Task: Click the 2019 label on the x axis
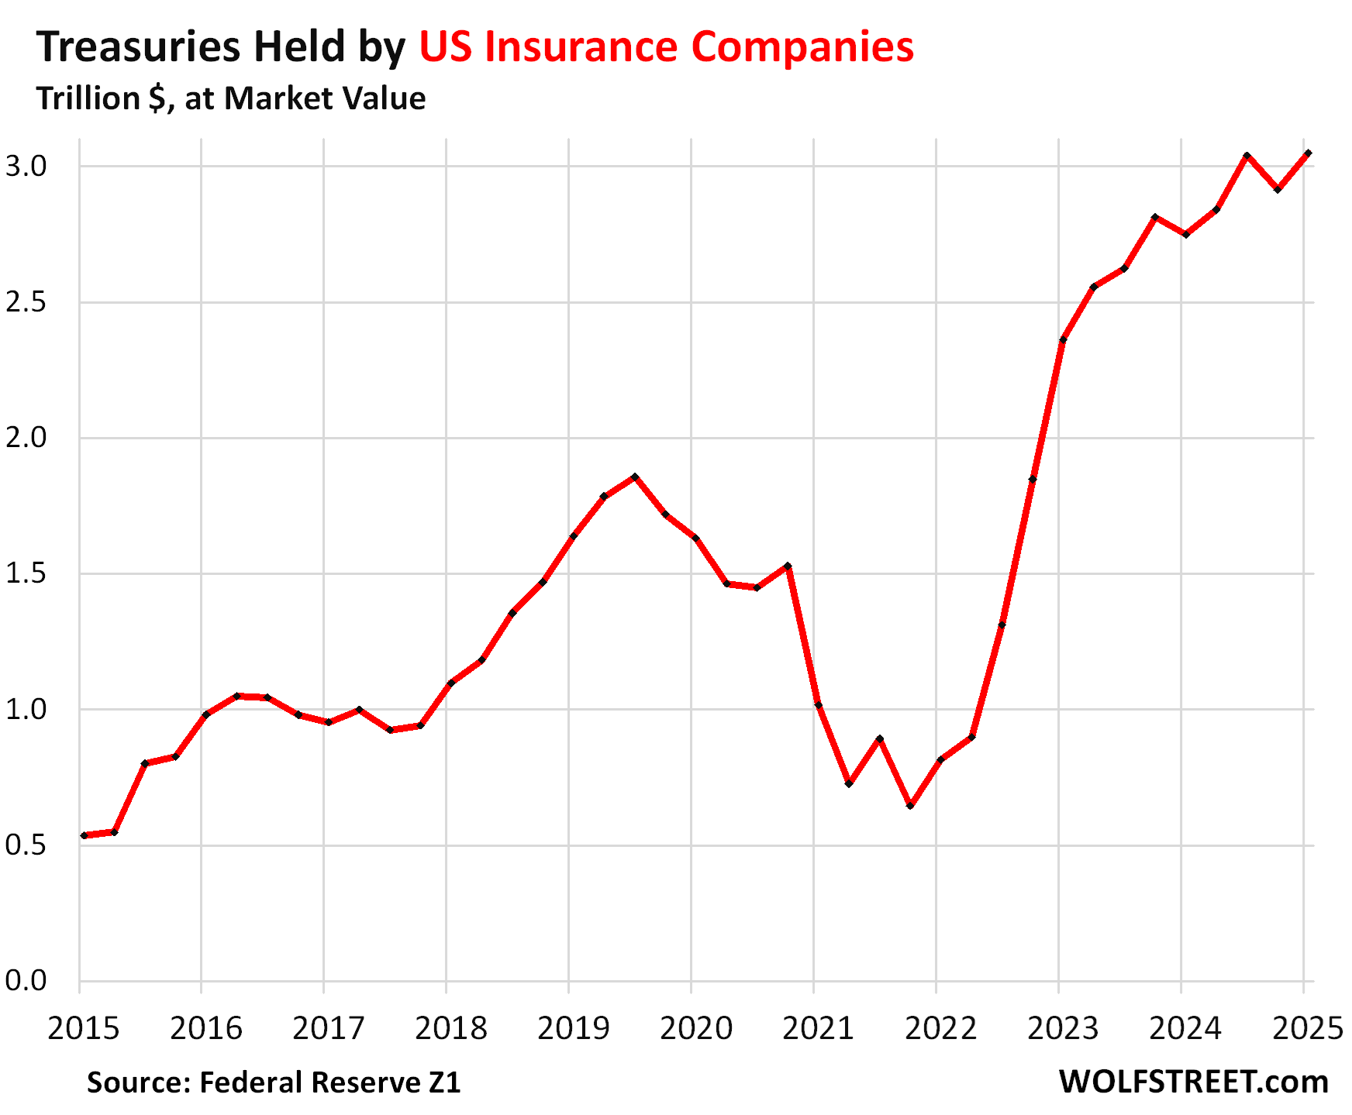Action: (x=573, y=1029)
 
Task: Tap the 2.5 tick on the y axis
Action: (x=26, y=302)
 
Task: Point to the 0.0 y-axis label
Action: (x=26, y=981)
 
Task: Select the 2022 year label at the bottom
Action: (x=941, y=1029)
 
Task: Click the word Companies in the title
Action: (x=802, y=46)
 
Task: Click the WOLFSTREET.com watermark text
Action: (x=1193, y=1082)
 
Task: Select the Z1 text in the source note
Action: (x=444, y=1082)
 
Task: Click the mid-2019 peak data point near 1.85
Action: (x=635, y=477)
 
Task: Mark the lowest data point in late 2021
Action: (x=910, y=806)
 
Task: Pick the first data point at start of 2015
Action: (x=84, y=835)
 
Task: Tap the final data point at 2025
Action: (x=1308, y=153)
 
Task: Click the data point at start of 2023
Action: (x=1063, y=339)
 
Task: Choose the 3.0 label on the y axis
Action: (x=26, y=167)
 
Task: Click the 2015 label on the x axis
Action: (x=84, y=1029)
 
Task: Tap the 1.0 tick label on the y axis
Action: (x=26, y=710)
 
